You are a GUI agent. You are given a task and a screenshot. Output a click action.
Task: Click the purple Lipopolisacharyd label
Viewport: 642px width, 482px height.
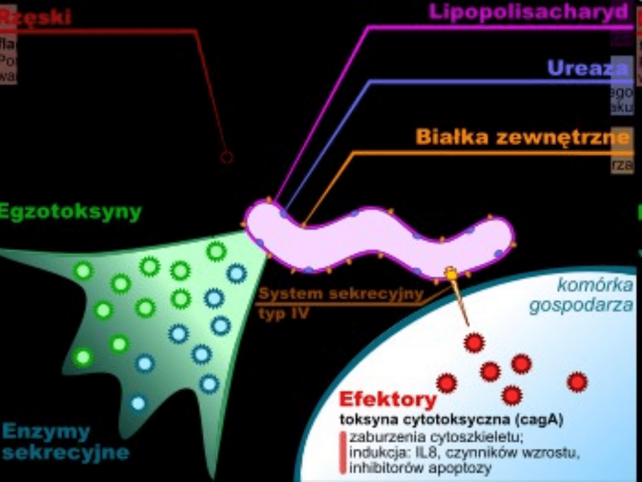(528, 12)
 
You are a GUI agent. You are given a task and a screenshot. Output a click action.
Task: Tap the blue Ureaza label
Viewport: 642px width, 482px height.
(587, 68)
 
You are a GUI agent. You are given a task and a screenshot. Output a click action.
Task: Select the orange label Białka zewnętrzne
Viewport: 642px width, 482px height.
(522, 137)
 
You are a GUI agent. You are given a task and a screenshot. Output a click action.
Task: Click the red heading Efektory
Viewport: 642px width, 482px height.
(388, 399)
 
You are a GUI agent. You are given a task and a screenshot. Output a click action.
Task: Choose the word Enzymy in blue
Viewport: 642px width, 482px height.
(46, 431)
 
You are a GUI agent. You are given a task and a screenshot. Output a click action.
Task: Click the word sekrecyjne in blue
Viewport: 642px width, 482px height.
(66, 453)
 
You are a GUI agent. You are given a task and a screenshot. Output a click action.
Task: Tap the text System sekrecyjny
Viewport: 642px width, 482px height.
(341, 293)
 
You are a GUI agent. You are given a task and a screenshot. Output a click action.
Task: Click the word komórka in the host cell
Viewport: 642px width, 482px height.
(594, 286)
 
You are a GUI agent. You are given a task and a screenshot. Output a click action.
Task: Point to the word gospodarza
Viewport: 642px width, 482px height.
(581, 306)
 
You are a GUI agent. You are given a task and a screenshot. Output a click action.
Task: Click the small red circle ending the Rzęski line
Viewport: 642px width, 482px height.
(226, 158)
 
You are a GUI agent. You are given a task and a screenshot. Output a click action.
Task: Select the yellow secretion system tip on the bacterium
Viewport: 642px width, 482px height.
(451, 274)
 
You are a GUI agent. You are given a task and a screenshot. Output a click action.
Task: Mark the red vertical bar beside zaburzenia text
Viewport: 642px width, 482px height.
(343, 453)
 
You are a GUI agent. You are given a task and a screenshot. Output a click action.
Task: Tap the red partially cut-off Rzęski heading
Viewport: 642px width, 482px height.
(36, 17)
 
